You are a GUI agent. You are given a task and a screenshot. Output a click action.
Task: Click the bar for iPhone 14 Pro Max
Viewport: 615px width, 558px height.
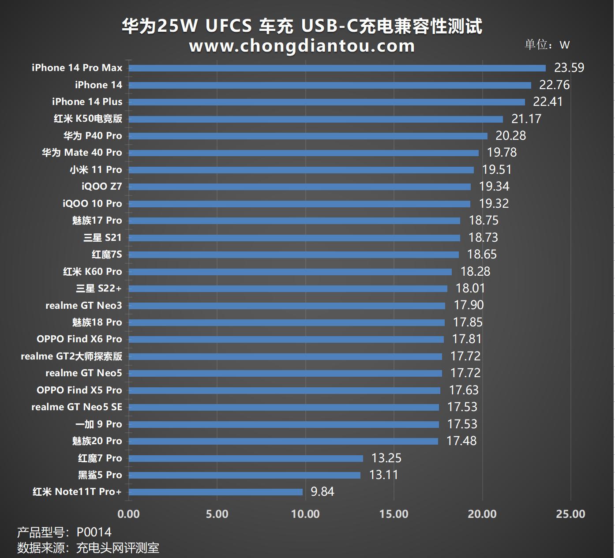click(x=337, y=68)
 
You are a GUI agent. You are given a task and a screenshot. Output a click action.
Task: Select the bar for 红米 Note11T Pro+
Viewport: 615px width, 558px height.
click(x=216, y=492)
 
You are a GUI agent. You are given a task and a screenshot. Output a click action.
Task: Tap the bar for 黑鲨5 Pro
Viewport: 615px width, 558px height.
click(x=244, y=475)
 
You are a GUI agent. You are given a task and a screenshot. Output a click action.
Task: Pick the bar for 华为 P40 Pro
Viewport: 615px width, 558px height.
click(x=308, y=136)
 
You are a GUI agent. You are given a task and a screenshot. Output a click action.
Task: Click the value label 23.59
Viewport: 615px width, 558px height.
click(x=569, y=68)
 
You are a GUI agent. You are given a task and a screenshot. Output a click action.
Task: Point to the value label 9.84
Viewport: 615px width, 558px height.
click(x=322, y=492)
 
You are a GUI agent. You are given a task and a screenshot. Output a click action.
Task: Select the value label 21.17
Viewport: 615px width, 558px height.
click(x=526, y=119)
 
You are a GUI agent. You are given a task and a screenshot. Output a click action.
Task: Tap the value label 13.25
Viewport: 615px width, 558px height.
click(x=386, y=458)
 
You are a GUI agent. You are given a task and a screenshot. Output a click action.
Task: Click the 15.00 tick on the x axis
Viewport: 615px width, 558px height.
click(x=394, y=514)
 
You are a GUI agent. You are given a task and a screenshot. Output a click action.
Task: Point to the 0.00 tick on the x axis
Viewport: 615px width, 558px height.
click(x=129, y=514)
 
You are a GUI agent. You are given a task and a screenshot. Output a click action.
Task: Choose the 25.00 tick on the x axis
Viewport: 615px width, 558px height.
click(x=570, y=514)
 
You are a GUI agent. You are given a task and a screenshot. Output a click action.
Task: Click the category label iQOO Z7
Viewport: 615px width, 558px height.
click(x=101, y=187)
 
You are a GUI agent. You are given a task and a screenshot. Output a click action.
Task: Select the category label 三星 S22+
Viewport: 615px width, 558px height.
click(x=98, y=288)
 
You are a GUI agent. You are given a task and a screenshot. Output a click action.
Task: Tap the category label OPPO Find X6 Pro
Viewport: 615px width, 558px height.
click(x=79, y=339)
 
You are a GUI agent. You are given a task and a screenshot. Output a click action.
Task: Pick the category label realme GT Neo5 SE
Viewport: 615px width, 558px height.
click(x=76, y=407)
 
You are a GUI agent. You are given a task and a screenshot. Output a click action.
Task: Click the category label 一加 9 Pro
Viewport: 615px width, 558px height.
click(x=98, y=424)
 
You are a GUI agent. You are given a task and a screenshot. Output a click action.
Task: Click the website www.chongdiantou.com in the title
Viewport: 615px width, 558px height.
click(x=302, y=46)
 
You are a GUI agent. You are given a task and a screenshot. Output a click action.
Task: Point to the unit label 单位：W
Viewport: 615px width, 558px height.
click(x=547, y=45)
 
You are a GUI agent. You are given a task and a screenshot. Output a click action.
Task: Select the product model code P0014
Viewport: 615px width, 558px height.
click(x=94, y=532)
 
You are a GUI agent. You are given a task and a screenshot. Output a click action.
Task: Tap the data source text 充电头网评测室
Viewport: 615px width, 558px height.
click(x=118, y=548)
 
